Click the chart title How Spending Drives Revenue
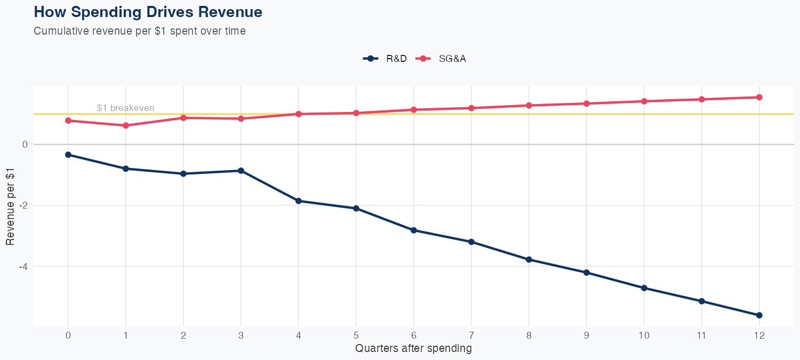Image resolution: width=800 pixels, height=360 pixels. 148,12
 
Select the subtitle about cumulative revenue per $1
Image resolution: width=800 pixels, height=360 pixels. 140,31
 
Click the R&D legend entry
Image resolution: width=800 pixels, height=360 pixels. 385,59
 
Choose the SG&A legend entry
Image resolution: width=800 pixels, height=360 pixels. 441,59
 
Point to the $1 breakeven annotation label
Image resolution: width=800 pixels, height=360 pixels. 125,108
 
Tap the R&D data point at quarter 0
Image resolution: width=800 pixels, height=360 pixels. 68,155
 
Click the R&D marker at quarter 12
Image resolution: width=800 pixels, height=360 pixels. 759,315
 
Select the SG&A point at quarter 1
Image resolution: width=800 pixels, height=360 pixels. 126,125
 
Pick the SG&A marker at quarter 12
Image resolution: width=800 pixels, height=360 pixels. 759,97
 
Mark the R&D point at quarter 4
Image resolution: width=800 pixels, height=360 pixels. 299,201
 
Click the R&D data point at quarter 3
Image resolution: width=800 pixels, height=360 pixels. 241,171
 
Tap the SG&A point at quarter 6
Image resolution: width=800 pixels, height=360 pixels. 413,110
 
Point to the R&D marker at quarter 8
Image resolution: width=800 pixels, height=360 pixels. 529,260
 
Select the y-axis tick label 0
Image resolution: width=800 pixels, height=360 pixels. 25,145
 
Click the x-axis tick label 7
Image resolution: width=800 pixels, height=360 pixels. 471,335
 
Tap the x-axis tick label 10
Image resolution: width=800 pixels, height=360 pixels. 644,335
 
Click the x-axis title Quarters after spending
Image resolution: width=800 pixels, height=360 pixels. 413,349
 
